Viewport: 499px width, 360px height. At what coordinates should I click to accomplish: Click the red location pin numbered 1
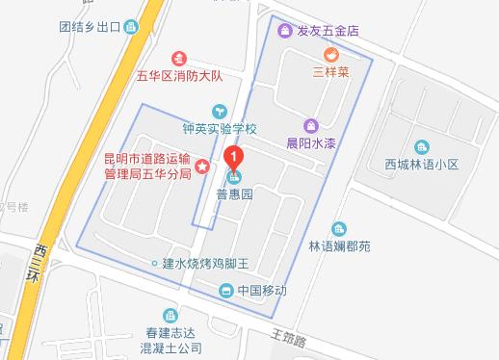(232, 157)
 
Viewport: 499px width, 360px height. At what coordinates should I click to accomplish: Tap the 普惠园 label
(234, 194)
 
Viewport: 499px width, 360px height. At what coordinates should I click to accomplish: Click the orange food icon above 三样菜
(330, 53)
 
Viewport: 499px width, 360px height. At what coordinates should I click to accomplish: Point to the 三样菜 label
(330, 70)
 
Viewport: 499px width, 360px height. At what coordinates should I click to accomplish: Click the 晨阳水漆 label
(311, 141)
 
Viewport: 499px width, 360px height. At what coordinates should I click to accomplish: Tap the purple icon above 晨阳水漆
(311, 125)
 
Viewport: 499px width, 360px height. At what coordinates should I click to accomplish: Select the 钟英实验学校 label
(221, 128)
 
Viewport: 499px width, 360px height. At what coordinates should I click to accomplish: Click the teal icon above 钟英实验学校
(220, 112)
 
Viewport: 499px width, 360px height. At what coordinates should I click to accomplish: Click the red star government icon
(202, 167)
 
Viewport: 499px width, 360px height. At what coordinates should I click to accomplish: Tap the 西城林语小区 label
(419, 164)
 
